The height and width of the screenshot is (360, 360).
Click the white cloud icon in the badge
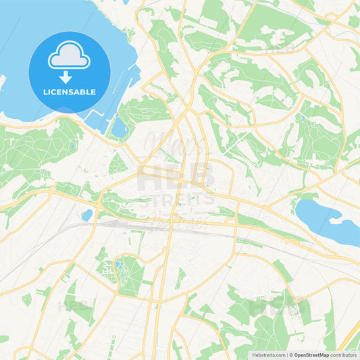[x=69, y=57]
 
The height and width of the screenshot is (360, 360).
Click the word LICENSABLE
[x=69, y=92]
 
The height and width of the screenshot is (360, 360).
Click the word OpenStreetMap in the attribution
[x=315, y=355]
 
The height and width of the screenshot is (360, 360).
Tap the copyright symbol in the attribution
[x=290, y=355]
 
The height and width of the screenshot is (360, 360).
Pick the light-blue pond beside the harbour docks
[x=120, y=127]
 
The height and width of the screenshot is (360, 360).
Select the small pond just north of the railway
[x=87, y=215]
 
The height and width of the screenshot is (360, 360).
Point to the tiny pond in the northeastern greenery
[x=303, y=119]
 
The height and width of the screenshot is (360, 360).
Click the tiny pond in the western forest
[x=72, y=145]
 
